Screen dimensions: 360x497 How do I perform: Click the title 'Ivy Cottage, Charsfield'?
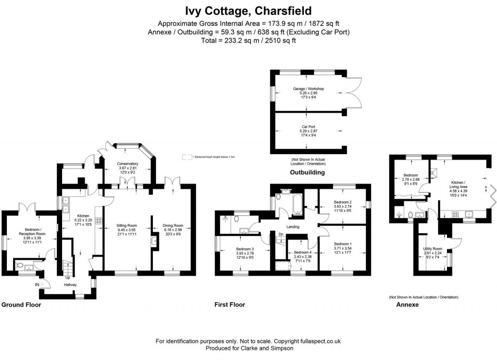coord(248,11)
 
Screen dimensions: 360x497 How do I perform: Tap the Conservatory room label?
coord(128,164)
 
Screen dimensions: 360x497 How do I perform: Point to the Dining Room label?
coord(172,225)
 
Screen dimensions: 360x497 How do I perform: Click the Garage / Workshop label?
coord(308,89)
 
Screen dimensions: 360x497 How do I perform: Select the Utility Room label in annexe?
coord(432,248)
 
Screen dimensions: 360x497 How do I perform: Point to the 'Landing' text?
coord(292,227)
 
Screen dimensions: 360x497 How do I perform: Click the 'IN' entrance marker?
coord(37,284)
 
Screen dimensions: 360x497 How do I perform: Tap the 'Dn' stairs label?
coord(281,235)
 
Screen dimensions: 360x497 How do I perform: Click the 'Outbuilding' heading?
coord(307,172)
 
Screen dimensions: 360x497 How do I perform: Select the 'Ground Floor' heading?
coord(21,305)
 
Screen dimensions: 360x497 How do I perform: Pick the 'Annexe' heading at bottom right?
coord(408,305)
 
